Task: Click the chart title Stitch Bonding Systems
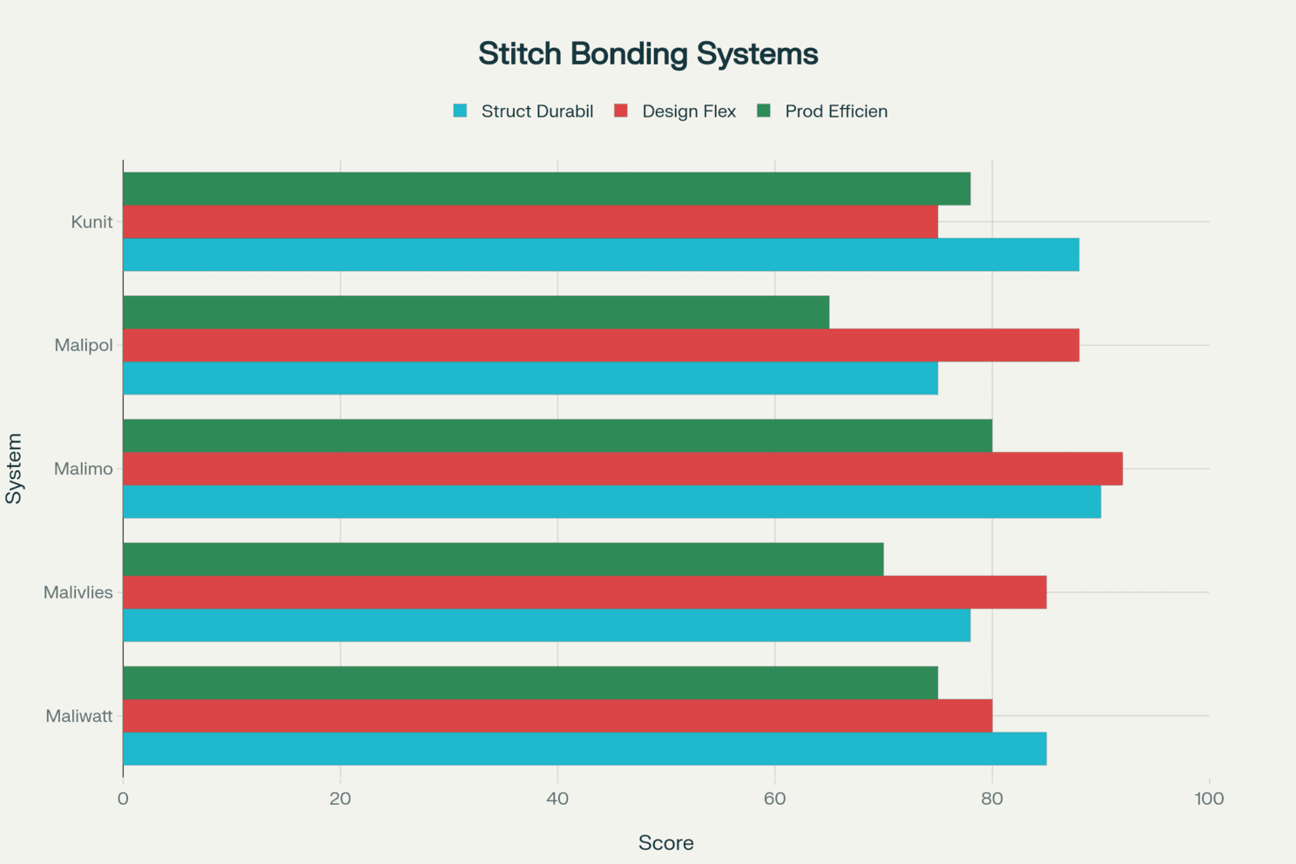click(x=648, y=54)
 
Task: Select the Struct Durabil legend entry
click(x=523, y=111)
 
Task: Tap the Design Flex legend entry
click(x=675, y=111)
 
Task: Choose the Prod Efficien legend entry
click(x=822, y=111)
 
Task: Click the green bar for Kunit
click(x=547, y=189)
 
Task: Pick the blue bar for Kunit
click(x=601, y=254)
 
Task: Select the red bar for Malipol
click(x=601, y=346)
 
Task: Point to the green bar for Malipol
click(x=476, y=313)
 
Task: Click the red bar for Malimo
click(x=623, y=469)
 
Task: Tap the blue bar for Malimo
click(x=612, y=502)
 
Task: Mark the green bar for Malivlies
click(x=503, y=560)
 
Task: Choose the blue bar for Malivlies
click(x=547, y=625)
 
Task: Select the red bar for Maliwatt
click(x=557, y=716)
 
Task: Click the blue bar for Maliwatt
click(x=585, y=749)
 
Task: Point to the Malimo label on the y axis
click(x=84, y=469)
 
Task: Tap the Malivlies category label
click(x=78, y=592)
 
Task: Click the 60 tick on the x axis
click(x=774, y=799)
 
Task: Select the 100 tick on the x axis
click(x=1209, y=799)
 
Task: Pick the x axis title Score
click(x=666, y=843)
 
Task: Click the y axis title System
click(x=14, y=469)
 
